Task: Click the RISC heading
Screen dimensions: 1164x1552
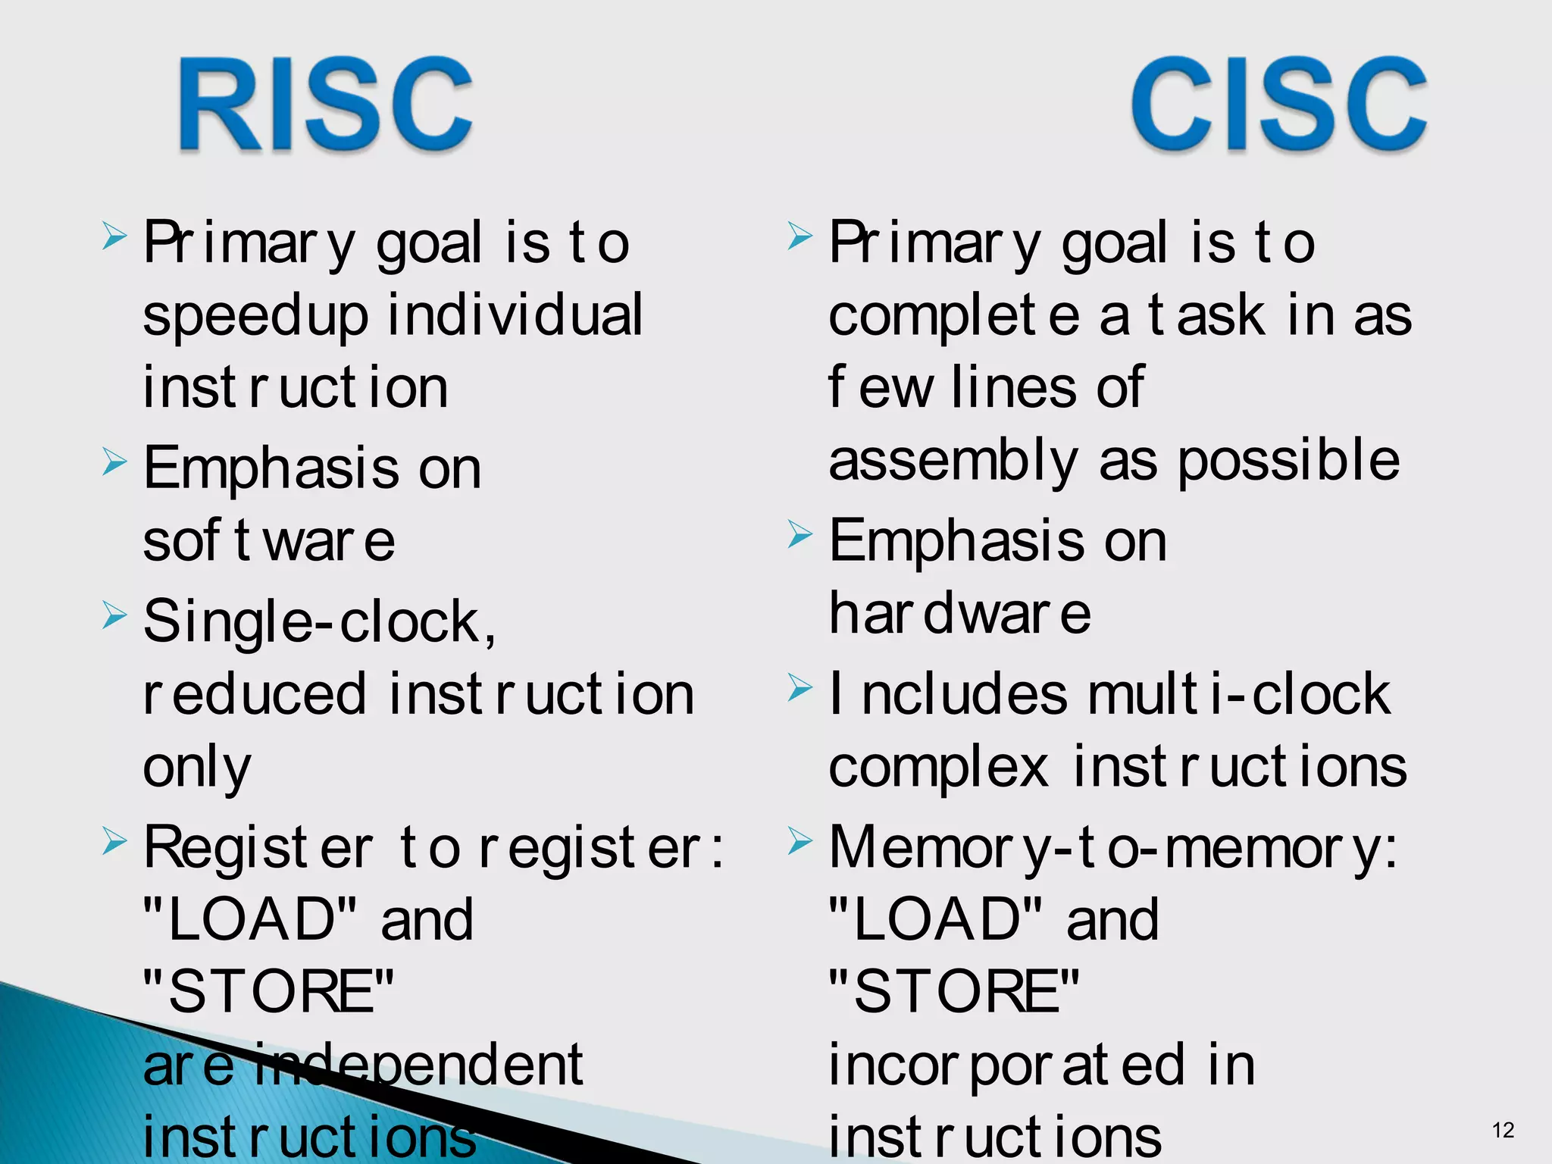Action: [326, 105]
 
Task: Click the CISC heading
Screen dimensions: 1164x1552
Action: [1278, 105]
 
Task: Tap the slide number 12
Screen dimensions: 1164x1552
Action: [1503, 1130]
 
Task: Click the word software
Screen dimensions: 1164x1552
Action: [269, 541]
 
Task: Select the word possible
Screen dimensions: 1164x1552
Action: [1288, 461]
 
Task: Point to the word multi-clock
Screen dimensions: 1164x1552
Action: [1239, 693]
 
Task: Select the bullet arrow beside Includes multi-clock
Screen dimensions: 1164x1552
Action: [799, 687]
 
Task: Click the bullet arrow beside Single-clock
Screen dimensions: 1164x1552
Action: [114, 615]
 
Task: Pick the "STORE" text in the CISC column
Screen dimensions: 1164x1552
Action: [953, 992]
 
